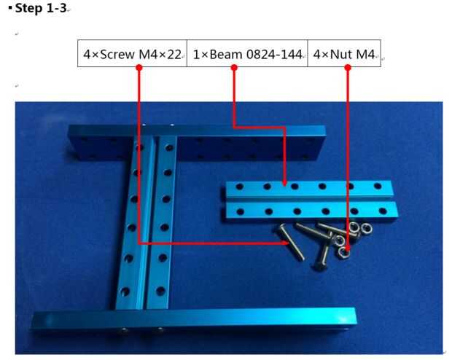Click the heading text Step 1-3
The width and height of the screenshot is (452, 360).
41,8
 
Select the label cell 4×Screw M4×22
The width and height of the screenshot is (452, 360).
132,53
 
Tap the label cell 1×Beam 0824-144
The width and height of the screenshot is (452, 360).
247,53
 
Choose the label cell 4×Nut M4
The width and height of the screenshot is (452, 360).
344,53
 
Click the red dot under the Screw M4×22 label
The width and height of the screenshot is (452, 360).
139,68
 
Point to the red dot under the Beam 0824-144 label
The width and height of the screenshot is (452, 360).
234,68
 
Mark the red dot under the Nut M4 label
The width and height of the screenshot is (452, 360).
348,68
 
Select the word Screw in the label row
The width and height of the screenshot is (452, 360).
117,54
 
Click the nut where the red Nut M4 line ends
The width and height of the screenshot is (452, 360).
344,252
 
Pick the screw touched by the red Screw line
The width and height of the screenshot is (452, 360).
291,242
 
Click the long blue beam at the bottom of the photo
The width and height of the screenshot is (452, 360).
194,319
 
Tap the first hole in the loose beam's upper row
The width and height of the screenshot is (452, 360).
239,187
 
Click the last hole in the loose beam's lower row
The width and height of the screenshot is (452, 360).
383,211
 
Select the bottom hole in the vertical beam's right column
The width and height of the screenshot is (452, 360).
161,291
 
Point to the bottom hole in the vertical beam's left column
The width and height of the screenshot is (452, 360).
125,291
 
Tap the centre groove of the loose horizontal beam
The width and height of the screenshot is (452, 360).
310,200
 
